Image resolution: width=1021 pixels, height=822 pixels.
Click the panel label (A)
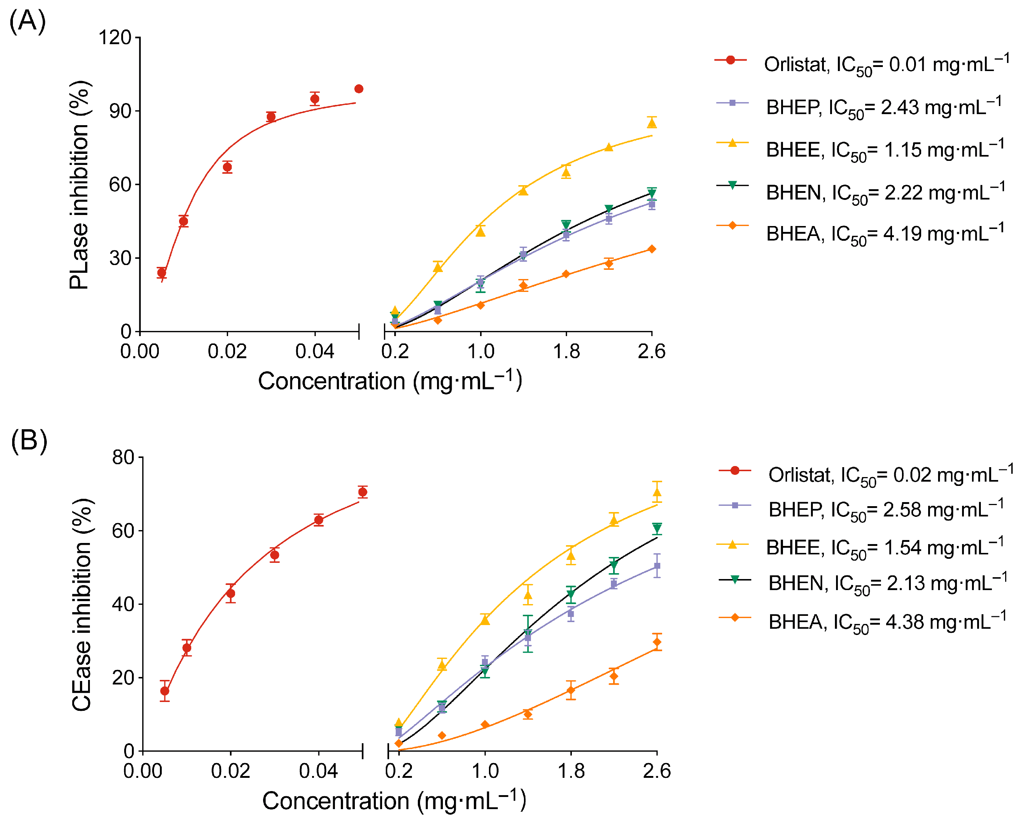point(28,21)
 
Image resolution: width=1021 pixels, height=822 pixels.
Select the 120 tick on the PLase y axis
point(115,38)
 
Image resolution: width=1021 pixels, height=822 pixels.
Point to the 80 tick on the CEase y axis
point(123,458)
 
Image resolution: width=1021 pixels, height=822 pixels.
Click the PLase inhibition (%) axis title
point(79,185)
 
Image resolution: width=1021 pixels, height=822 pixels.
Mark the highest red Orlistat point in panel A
point(359,89)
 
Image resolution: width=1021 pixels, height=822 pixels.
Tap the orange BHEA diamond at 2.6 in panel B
point(657,642)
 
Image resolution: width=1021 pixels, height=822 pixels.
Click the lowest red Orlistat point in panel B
point(164,691)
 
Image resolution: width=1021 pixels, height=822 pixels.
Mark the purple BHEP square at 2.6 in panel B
point(657,566)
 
